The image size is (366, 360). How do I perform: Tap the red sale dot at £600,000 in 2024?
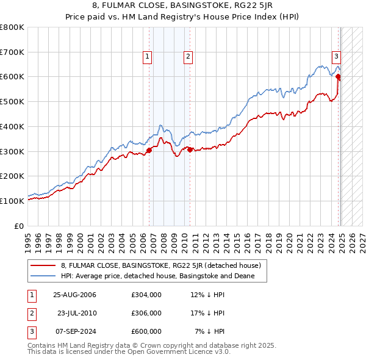point(338,77)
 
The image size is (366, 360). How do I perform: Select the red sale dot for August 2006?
point(149,149)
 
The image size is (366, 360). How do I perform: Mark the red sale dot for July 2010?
point(190,149)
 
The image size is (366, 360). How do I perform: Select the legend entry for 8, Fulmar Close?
point(161,265)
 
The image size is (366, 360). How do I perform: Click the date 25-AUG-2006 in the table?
point(75,295)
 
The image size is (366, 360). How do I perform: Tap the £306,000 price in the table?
point(146,313)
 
